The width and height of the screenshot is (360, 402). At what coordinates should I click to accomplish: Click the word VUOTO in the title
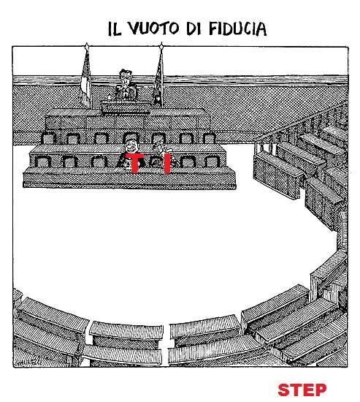point(153,29)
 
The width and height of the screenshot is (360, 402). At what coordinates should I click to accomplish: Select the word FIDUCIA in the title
point(238,29)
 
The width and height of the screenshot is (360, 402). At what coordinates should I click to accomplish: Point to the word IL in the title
point(114,29)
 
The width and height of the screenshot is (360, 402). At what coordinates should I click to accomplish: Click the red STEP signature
point(302,390)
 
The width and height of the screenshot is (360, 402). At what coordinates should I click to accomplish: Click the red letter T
point(135,163)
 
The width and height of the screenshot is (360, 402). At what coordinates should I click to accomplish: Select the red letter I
point(166,163)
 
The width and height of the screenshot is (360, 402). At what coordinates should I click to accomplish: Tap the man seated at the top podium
point(126,85)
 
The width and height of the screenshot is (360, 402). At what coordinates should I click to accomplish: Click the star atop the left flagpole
point(87,46)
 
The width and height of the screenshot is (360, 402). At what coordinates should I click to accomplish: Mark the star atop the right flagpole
point(161,46)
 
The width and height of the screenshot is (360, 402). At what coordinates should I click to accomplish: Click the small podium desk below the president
point(126,107)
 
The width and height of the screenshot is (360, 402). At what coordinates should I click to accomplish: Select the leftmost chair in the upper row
point(48,138)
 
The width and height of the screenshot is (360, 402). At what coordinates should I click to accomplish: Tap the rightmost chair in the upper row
point(209,138)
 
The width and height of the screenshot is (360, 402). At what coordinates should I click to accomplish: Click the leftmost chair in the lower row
point(43,162)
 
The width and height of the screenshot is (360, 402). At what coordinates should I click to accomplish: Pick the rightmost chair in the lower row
point(212,162)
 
